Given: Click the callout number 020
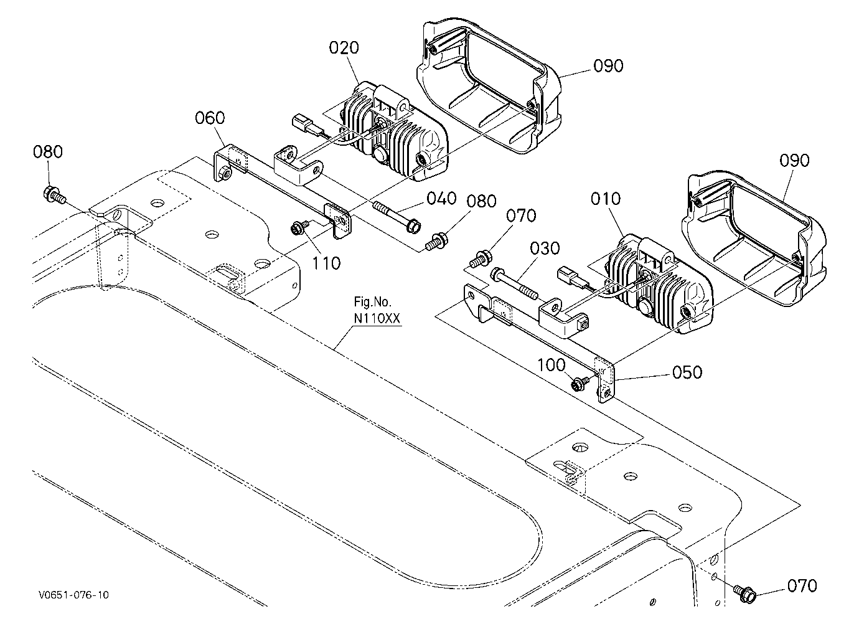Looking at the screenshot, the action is coord(344,48).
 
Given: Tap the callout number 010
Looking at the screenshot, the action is coord(606,199).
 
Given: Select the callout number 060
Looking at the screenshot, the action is coord(210,118).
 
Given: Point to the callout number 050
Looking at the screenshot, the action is coord(687,372).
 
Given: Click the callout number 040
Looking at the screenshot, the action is coord(442,199).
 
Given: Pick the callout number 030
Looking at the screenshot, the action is coord(545,248).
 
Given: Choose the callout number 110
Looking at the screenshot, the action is coord(326,263).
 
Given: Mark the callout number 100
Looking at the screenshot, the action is coord(551,365).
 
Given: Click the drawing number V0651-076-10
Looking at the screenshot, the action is coord(73,595).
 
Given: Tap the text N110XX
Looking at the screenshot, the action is coord(377,318).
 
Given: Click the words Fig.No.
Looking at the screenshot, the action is coord(372,302).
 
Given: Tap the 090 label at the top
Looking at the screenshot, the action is coord(608,66).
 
